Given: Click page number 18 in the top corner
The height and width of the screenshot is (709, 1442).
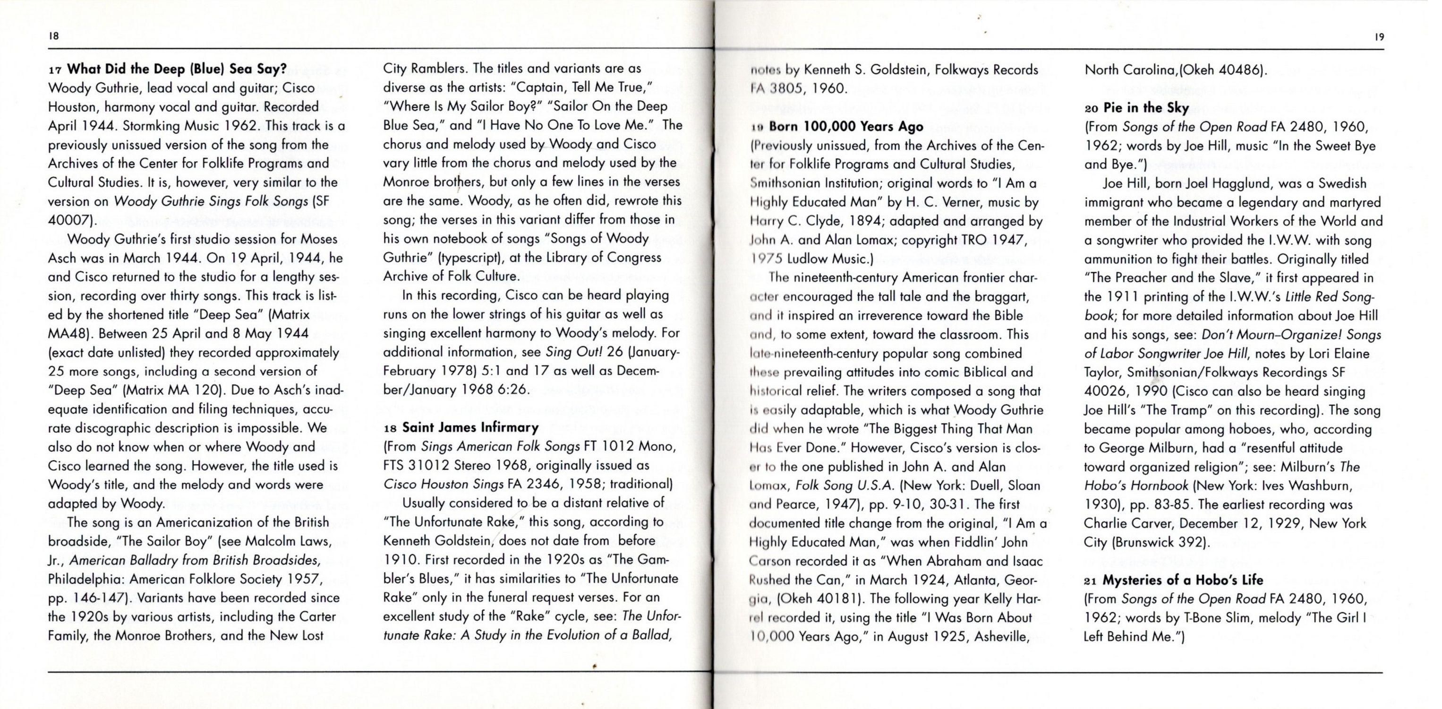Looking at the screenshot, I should [x=54, y=36].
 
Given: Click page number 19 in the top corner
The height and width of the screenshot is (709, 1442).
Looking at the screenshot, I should [x=1379, y=37].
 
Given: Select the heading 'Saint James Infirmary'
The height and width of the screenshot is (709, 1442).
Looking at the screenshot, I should [x=470, y=427].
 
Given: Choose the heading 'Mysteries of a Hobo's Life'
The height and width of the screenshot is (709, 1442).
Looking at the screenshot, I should [x=1183, y=579].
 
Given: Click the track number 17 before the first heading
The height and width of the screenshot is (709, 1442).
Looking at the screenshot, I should [x=55, y=70].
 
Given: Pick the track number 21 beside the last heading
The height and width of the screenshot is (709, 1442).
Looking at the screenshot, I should [x=1091, y=581].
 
